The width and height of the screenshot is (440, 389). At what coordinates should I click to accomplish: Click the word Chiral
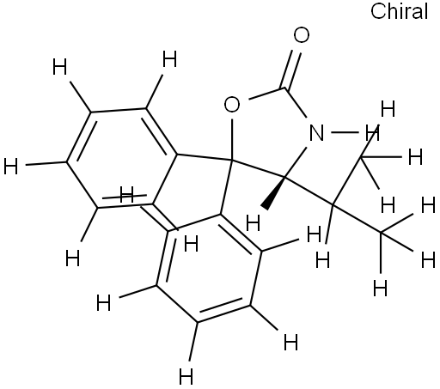pyautogui.click(x=400, y=11)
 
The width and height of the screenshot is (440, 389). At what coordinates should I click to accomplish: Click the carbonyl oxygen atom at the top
pyautogui.click(x=302, y=35)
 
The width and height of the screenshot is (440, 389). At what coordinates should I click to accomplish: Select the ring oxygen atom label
pyautogui.click(x=232, y=105)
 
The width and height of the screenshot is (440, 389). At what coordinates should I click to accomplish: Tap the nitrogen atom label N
pyautogui.click(x=316, y=132)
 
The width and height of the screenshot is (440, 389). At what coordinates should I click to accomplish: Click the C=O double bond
pyautogui.click(x=291, y=70)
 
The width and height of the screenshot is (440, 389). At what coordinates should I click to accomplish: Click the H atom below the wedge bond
pyautogui.click(x=254, y=223)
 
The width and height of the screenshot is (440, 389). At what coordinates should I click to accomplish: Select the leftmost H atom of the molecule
pyautogui.click(x=11, y=167)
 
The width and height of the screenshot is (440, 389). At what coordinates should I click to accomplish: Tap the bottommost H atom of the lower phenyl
pyautogui.click(x=186, y=376)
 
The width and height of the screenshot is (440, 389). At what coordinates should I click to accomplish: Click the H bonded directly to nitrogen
pyautogui.click(x=373, y=133)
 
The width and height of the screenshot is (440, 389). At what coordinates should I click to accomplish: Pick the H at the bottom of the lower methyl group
pyautogui.click(x=381, y=288)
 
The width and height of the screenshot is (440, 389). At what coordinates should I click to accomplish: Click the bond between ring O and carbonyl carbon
pyautogui.click(x=267, y=94)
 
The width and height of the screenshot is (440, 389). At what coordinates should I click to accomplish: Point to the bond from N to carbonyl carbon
pyautogui.click(x=296, y=103)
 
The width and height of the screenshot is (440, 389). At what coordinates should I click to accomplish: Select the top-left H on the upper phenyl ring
pyautogui.click(x=59, y=66)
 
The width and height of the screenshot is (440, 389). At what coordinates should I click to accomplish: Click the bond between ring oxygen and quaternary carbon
pyautogui.click(x=232, y=139)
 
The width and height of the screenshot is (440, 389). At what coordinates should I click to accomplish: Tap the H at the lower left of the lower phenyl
pyautogui.click(x=103, y=303)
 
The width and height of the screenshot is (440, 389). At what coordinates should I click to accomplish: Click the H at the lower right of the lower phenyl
pyautogui.click(x=290, y=342)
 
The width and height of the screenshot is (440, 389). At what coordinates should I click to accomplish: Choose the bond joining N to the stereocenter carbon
pyautogui.click(x=296, y=162)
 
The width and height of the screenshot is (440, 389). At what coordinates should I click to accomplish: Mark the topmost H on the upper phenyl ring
pyautogui.click(x=169, y=59)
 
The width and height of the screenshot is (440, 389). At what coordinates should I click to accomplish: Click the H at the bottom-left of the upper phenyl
pyautogui.click(x=72, y=258)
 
